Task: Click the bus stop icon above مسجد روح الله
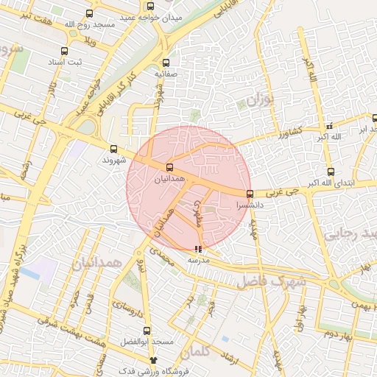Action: point(90,14)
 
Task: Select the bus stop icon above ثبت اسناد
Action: point(65,52)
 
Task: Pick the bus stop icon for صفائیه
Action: point(166,63)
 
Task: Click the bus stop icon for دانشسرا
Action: point(250,194)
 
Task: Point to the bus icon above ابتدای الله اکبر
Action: point(330,172)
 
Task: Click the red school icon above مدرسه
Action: point(197,249)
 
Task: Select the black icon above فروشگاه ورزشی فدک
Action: point(153,359)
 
